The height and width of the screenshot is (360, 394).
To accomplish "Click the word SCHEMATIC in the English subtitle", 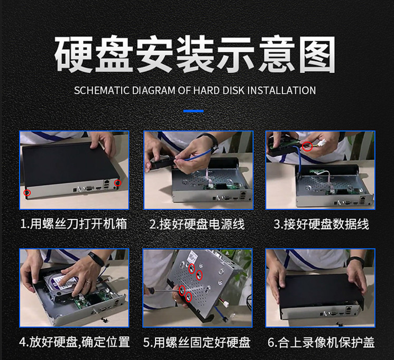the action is point(102,90).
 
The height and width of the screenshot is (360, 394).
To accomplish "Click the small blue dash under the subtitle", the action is point(193,111).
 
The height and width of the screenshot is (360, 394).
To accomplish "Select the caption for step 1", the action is point(74,224).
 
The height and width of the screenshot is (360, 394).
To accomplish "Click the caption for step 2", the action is point(197,224).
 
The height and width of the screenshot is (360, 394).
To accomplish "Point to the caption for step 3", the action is point(322,224).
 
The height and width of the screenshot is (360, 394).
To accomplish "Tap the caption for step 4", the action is point(75,342).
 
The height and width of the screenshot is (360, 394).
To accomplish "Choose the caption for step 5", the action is point(197,342).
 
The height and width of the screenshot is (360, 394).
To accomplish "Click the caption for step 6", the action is point(321,342).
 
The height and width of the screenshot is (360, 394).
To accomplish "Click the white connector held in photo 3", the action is point(322,144).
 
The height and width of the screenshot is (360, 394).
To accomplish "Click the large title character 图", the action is point(317,54).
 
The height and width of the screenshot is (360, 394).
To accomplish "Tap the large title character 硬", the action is point(73,54).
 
